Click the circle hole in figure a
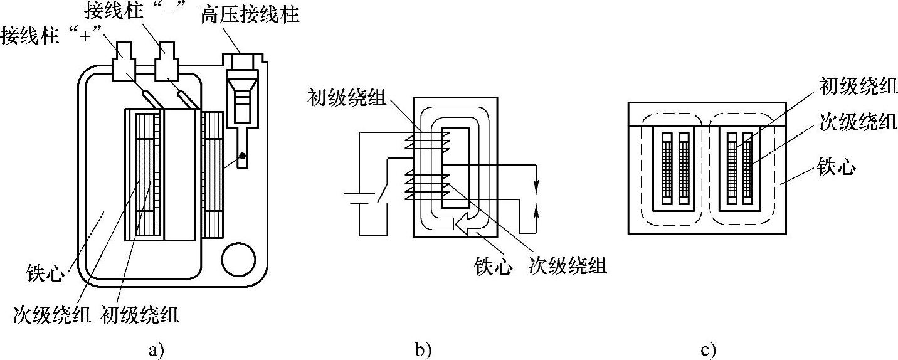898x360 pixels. point(239,258)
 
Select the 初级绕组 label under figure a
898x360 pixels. point(139,314)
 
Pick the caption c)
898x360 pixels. point(708,349)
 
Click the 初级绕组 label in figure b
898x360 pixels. point(347,98)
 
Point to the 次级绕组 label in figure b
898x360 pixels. point(568,265)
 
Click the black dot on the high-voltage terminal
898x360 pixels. point(242,154)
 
